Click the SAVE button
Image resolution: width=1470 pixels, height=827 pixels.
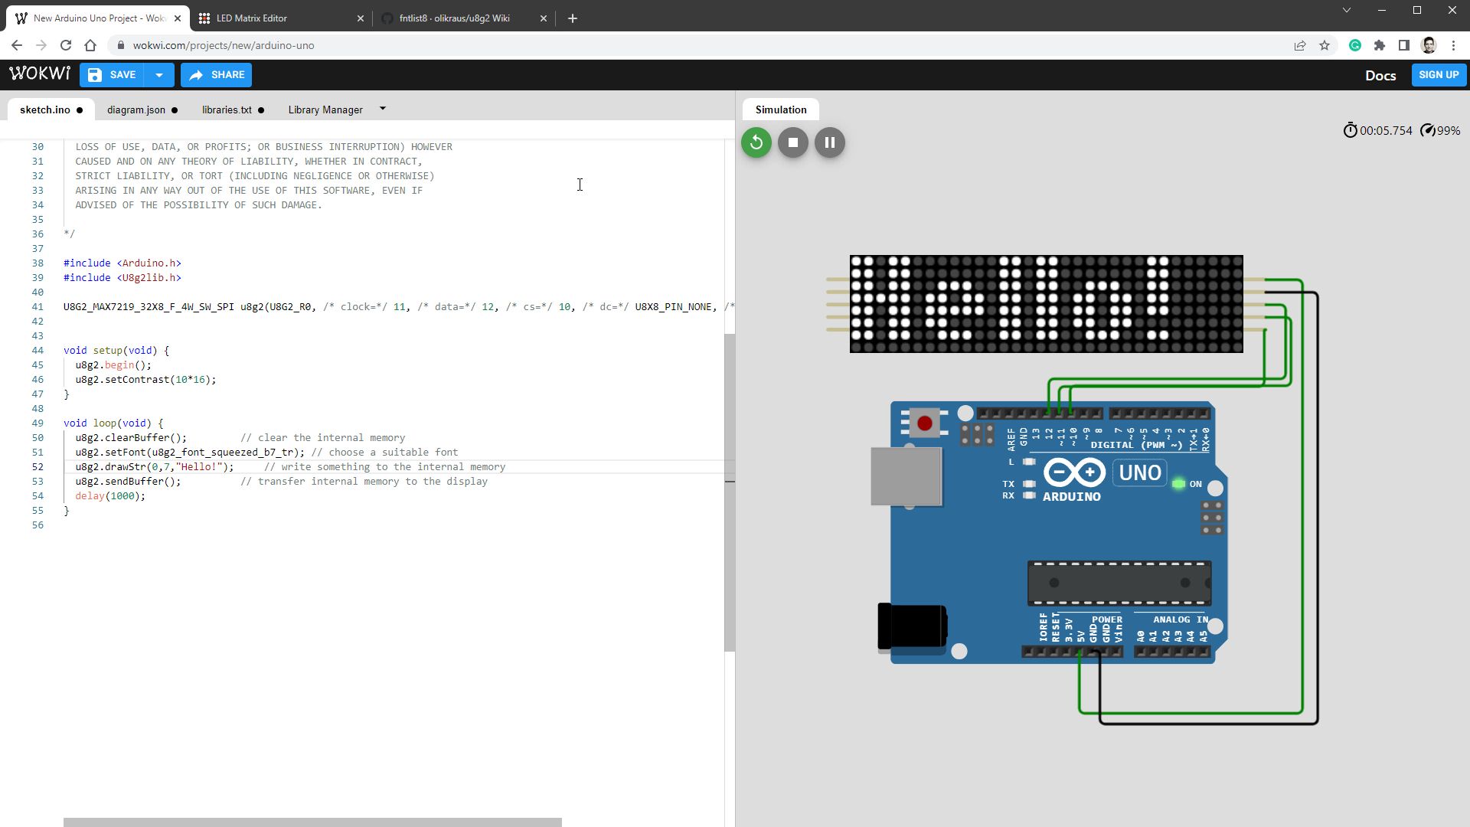(x=113, y=75)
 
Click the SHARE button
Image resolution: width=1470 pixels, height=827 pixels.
(x=217, y=75)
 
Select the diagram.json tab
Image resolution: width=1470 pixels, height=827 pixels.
(x=136, y=110)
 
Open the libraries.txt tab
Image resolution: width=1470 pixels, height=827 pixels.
(x=227, y=110)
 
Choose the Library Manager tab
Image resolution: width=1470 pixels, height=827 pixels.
(x=325, y=110)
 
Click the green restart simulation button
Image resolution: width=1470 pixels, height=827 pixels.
(x=756, y=142)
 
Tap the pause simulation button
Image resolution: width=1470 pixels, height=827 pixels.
(x=829, y=142)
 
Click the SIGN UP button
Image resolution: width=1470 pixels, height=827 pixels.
(x=1438, y=75)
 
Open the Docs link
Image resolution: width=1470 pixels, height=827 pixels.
(x=1380, y=76)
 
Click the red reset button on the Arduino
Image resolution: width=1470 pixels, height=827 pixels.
(x=925, y=423)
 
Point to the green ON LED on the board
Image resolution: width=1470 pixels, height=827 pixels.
(x=1178, y=484)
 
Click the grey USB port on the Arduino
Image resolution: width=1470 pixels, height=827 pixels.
(x=906, y=476)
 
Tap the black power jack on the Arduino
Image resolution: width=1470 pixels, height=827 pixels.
(x=912, y=626)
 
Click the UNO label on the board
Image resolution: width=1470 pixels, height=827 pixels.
(x=1140, y=472)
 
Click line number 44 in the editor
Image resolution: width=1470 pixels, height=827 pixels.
(x=38, y=351)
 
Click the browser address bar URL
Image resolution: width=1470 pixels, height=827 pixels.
(x=224, y=46)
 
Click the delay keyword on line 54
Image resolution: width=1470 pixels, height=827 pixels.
(x=90, y=496)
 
